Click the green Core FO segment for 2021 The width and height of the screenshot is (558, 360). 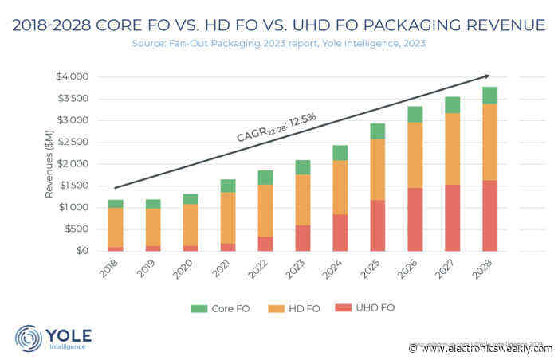pos(226,186)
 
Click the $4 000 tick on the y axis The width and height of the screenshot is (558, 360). pos(73,77)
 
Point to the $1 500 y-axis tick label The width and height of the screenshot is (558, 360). pos(73,186)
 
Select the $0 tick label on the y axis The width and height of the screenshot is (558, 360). pos(82,251)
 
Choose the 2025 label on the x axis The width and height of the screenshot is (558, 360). pos(369,268)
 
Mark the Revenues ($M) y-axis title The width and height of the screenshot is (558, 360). pos(49,164)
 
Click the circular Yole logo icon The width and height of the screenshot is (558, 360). pos(29,338)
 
